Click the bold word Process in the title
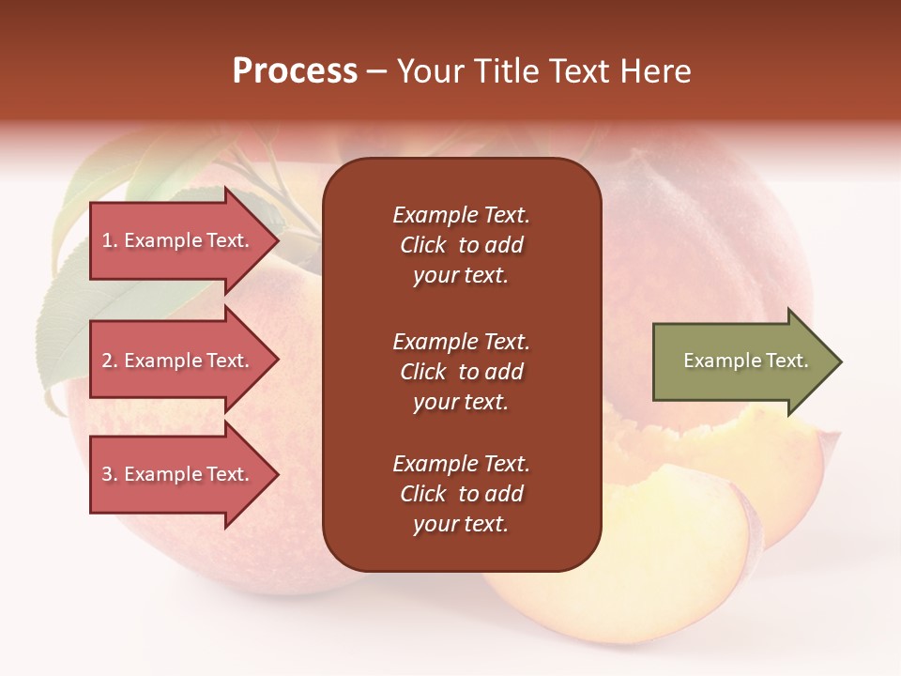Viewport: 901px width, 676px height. pyautogui.click(x=295, y=71)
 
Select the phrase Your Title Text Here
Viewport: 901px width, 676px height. pyautogui.click(x=543, y=71)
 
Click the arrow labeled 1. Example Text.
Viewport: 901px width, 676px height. pyautogui.click(x=178, y=240)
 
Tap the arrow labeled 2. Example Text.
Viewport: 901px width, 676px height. pyautogui.click(x=178, y=361)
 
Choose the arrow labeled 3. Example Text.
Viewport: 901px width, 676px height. pyautogui.click(x=178, y=474)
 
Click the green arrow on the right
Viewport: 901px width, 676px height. pyautogui.click(x=741, y=361)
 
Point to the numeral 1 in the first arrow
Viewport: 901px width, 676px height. pyautogui.click(x=107, y=240)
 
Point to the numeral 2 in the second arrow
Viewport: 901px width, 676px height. pyautogui.click(x=107, y=361)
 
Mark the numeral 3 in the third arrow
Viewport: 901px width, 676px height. pyautogui.click(x=107, y=474)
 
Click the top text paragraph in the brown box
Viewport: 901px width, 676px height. pyautogui.click(x=461, y=245)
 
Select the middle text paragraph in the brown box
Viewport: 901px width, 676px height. pyautogui.click(x=461, y=372)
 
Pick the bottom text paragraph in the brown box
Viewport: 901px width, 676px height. pyautogui.click(x=461, y=494)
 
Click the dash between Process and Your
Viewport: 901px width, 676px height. pyautogui.click(x=376, y=72)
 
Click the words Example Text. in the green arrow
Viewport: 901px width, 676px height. pyautogui.click(x=745, y=361)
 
